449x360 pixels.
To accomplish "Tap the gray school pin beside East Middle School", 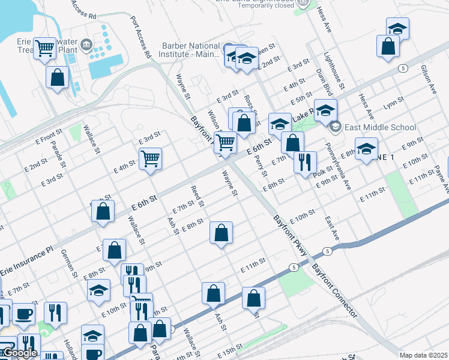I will pyautogui.click(x=334, y=127).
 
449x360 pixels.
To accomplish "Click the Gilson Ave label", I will pyautogui.click(x=429, y=80).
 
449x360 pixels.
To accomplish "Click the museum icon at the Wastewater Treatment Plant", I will pyautogui.click(x=86, y=44).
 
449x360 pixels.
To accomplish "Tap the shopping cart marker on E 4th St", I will pyautogui.click(x=150, y=158).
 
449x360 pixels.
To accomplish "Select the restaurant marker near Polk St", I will pyautogui.click(x=305, y=161).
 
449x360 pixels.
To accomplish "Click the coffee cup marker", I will pyautogui.click(x=24, y=313).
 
